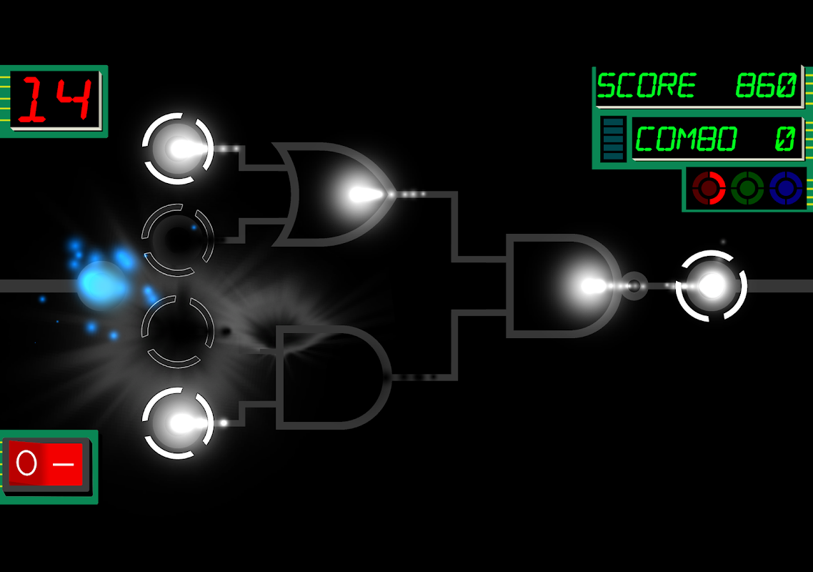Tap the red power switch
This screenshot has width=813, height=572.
coord(46,464)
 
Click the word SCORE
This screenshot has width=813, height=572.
coord(646,85)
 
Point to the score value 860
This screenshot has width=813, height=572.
coord(765,85)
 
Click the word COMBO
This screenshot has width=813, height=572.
coord(685,139)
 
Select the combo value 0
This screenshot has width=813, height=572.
coord(784,139)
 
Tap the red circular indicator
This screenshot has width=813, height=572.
coord(709,188)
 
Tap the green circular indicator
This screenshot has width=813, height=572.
coord(747,188)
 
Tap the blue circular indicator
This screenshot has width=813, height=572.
coord(786,188)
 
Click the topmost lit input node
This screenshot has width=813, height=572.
coord(178,149)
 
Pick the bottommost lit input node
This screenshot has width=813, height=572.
coord(178,423)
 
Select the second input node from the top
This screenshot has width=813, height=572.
coord(178,240)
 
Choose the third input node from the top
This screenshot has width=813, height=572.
coord(178,332)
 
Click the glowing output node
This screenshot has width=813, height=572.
coord(712,286)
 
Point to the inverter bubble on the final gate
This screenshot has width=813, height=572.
coord(634,286)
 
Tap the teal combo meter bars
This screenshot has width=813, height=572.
coord(614,139)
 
